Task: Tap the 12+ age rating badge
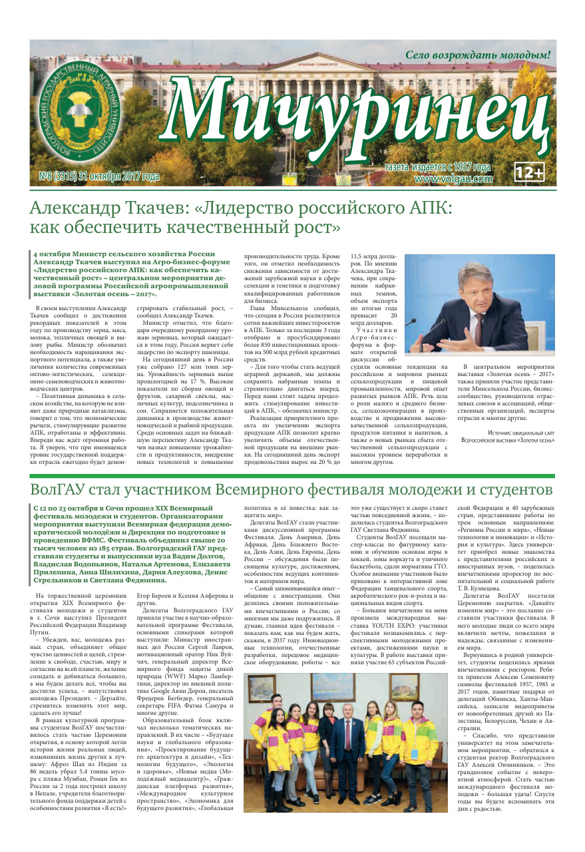point(530,173)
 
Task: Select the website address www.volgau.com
point(453,178)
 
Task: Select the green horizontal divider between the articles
point(292,477)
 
